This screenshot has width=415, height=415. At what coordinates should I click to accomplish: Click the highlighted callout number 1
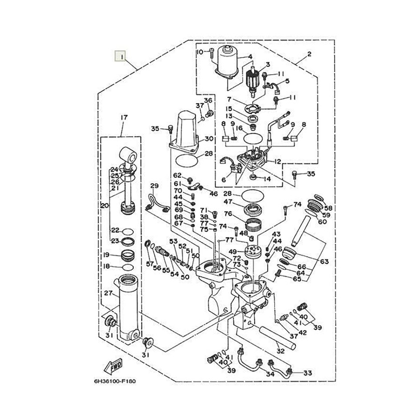(x=120, y=56)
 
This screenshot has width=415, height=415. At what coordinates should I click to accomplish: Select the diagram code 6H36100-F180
(x=115, y=381)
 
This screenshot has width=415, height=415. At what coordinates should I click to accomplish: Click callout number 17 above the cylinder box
(x=124, y=117)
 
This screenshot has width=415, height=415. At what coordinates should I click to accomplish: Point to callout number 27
(x=108, y=293)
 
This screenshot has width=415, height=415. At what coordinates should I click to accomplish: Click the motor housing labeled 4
(x=228, y=62)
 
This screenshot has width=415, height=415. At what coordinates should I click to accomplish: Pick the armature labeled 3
(x=253, y=81)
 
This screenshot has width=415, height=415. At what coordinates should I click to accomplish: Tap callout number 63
(x=324, y=261)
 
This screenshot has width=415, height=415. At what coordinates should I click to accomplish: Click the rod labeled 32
(x=278, y=338)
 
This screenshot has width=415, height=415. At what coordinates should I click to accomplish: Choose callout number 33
(x=308, y=373)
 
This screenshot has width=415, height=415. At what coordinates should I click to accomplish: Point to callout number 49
(x=233, y=252)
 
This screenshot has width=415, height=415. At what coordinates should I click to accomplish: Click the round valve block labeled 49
(x=253, y=251)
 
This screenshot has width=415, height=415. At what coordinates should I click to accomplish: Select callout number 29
(x=154, y=186)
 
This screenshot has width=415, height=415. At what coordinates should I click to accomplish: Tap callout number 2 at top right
(x=309, y=54)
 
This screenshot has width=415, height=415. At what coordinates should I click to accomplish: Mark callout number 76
(x=228, y=213)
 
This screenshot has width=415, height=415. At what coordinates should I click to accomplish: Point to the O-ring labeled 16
(x=253, y=138)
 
